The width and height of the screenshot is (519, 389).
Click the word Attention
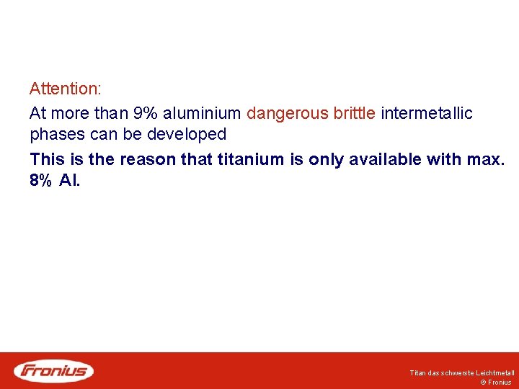coord(65,89)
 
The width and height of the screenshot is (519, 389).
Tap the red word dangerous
coord(287,113)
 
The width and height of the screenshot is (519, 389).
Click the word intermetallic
coord(427,113)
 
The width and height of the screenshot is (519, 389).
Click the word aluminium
coord(202,113)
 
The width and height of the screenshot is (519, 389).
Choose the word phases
coord(58,135)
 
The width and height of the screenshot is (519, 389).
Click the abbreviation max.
coord(487,159)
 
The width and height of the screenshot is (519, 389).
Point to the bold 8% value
coord(41,181)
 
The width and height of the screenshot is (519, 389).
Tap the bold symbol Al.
coord(71,181)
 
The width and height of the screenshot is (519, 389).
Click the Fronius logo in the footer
coord(54,371)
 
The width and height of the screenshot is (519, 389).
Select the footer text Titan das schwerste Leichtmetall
coord(462,373)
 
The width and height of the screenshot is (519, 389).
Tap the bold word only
coord(324,159)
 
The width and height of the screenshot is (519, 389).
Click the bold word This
coord(45,159)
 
